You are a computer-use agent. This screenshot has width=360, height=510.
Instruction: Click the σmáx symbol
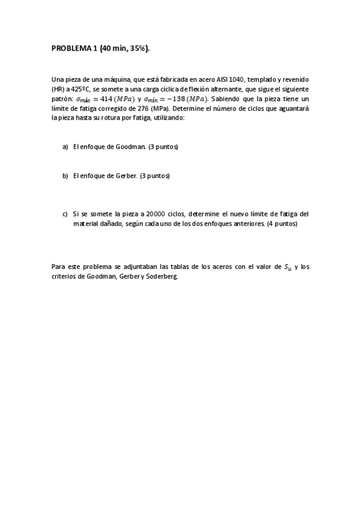(84, 99)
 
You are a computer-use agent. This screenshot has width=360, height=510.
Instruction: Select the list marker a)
(66, 147)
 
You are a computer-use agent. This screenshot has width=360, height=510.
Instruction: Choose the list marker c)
(66, 214)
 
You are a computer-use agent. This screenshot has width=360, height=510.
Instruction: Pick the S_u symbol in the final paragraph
(288, 267)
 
